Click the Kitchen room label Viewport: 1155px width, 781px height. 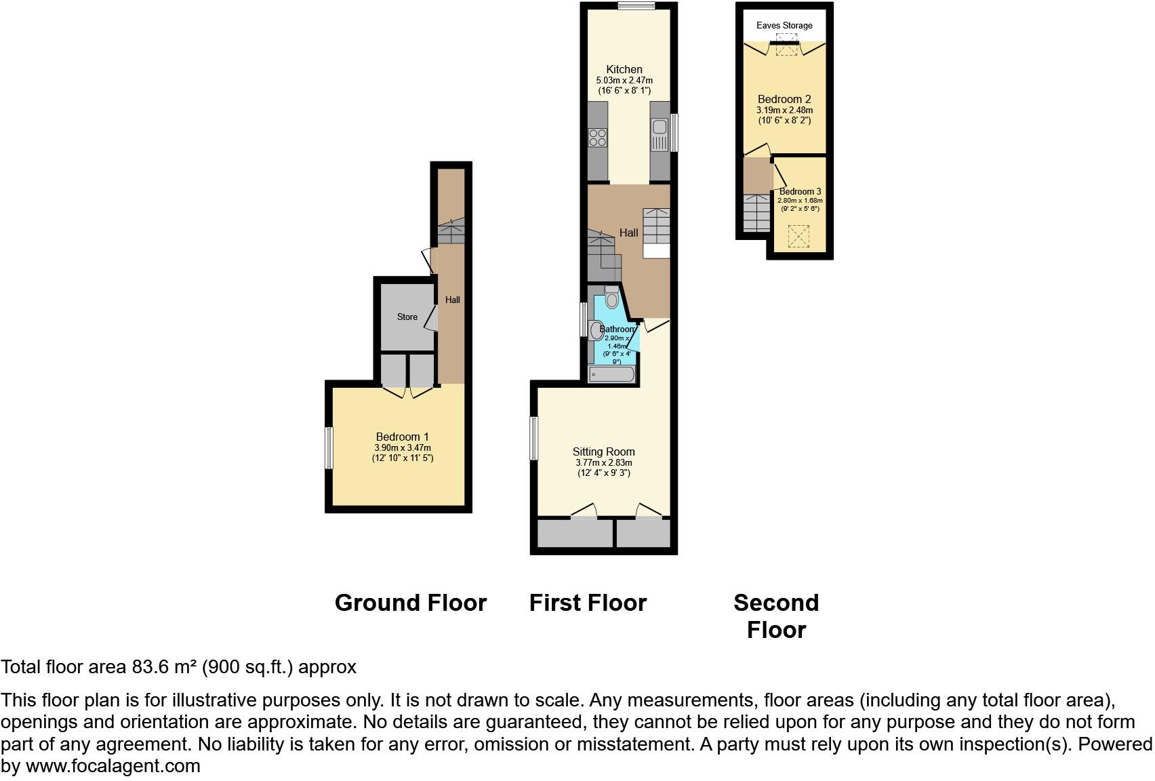pyautogui.click(x=624, y=69)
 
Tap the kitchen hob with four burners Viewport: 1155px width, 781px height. pyautogui.click(x=598, y=137)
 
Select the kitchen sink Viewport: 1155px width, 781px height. pyautogui.click(x=660, y=134)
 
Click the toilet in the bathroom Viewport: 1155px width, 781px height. pyautogui.click(x=611, y=297)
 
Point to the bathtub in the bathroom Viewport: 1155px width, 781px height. pyautogui.click(x=612, y=374)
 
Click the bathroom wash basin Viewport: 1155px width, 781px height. pyautogui.click(x=596, y=330)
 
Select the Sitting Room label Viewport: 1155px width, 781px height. pyautogui.click(x=603, y=452)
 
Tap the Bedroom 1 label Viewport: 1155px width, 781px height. pyautogui.click(x=402, y=437)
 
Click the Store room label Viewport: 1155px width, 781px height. pyautogui.click(x=407, y=317)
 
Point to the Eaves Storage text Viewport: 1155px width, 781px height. pyautogui.click(x=784, y=25)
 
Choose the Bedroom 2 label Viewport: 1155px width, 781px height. pyautogui.click(x=784, y=99)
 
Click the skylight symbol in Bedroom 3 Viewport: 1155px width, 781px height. pyautogui.click(x=798, y=236)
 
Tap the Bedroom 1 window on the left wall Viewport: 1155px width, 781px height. pyautogui.click(x=329, y=447)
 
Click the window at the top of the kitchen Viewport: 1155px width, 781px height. pyautogui.click(x=636, y=5)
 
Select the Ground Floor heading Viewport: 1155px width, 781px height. pyautogui.click(x=411, y=603)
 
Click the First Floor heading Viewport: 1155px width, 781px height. pyautogui.click(x=588, y=603)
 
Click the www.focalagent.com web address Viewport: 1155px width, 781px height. pyautogui.click(x=113, y=766)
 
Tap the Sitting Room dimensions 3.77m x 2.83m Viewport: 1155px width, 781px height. pyautogui.click(x=604, y=463)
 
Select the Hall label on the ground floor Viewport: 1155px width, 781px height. pyautogui.click(x=453, y=300)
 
